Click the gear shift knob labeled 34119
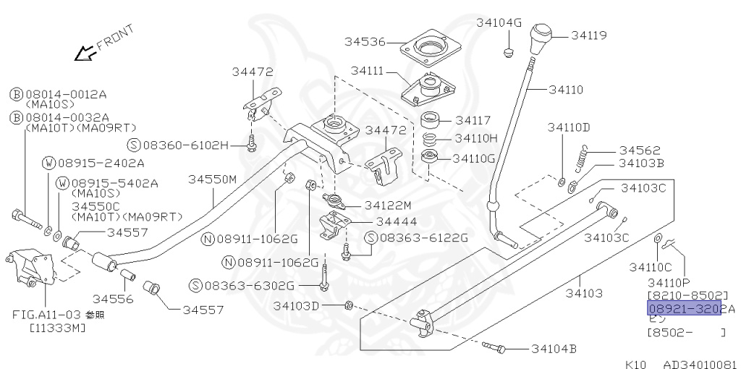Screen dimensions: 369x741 point(543,38)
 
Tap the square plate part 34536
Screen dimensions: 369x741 point(432,50)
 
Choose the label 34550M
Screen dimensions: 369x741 point(213,179)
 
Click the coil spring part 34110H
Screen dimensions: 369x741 point(430,137)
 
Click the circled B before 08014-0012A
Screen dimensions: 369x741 point(16,94)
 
